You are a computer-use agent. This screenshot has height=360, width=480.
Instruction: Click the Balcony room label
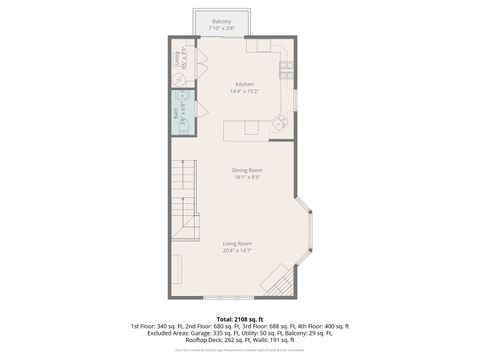tap(221, 21)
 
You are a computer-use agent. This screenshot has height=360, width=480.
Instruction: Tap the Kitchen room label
tap(244, 84)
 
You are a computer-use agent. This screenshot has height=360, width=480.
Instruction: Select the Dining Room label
tap(247, 170)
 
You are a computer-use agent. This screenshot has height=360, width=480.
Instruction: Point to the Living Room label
tap(237, 244)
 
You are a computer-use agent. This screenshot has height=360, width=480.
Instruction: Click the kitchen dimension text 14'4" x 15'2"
tap(244, 91)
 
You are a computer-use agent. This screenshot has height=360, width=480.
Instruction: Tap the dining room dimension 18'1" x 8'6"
tap(247, 177)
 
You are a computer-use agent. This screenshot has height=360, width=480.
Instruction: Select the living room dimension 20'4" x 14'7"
tap(237, 251)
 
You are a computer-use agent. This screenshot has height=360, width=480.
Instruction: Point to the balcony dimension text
tap(221, 28)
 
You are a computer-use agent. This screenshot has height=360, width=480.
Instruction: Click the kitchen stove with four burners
tap(285, 69)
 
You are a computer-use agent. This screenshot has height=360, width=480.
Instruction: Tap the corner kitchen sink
tap(282, 122)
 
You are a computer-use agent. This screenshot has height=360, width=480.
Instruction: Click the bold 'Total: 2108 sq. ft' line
tap(239, 319)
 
